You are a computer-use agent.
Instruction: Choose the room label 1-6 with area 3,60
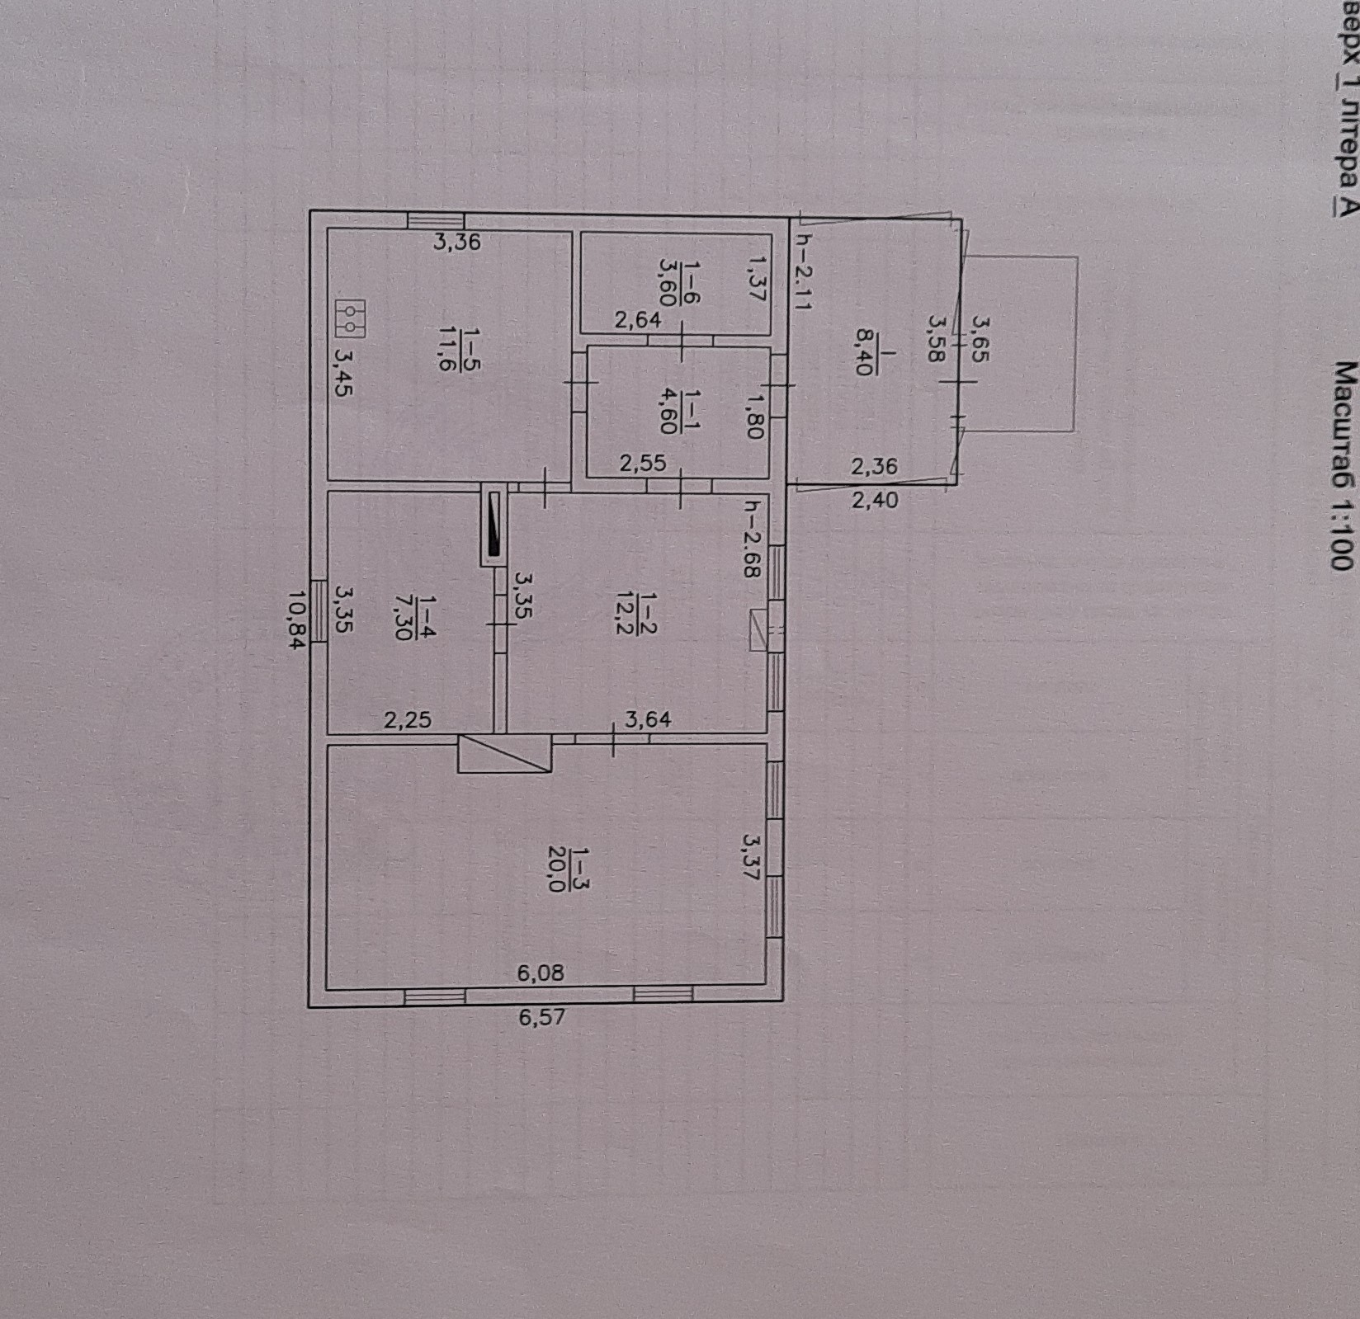679,282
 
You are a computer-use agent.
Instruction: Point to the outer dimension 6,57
542,1017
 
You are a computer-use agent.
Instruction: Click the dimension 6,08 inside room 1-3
541,973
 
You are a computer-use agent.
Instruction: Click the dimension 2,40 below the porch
875,499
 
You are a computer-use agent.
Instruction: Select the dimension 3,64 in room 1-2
648,720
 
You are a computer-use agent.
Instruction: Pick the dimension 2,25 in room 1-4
408,720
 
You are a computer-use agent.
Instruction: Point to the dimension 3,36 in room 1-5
457,243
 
